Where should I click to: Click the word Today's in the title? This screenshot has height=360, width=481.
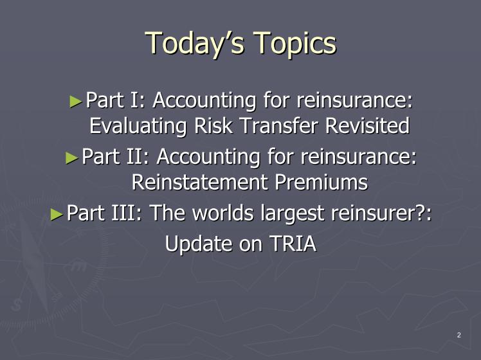195,43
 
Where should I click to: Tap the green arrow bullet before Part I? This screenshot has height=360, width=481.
76,102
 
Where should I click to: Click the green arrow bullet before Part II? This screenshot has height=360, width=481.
72,158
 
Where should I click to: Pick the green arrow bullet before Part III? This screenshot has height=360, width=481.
57,214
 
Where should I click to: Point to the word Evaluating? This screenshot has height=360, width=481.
138,126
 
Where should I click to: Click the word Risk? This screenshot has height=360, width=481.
213,125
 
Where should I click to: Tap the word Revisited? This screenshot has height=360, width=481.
367,125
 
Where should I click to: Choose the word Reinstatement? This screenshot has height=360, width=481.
199,182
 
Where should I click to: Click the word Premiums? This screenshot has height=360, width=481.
321,182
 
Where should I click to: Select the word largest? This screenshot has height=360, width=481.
292,213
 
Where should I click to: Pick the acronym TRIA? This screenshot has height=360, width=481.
293,244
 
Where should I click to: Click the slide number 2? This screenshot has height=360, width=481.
459,335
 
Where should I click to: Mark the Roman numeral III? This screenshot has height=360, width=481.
123,213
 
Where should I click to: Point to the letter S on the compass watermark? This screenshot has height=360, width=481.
16,305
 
